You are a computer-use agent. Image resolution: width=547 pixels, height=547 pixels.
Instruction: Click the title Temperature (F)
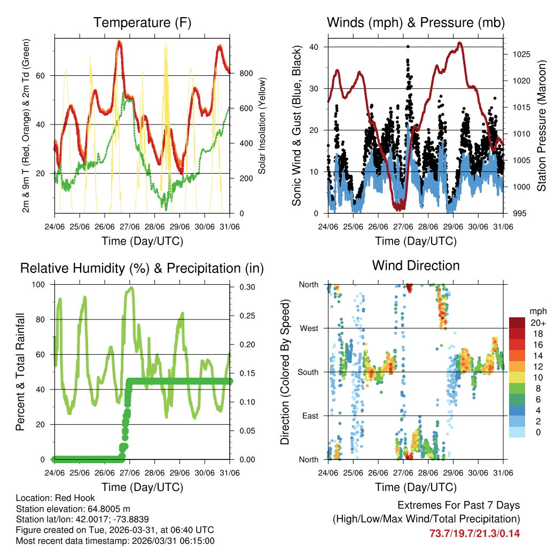(142, 22)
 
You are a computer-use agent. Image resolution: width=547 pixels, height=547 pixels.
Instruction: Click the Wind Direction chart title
(416, 265)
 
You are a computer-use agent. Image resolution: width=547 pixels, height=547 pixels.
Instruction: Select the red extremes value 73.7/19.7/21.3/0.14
(475, 533)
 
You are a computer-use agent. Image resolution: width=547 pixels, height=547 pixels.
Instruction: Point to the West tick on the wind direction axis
(309, 328)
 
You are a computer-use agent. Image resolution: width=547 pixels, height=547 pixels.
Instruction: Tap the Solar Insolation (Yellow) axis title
(262, 126)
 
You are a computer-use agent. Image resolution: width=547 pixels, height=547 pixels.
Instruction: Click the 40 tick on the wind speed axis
(316, 47)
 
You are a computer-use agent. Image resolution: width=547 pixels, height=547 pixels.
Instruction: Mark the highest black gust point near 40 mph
(408, 47)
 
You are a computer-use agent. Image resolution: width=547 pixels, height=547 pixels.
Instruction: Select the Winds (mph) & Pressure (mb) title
(416, 22)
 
